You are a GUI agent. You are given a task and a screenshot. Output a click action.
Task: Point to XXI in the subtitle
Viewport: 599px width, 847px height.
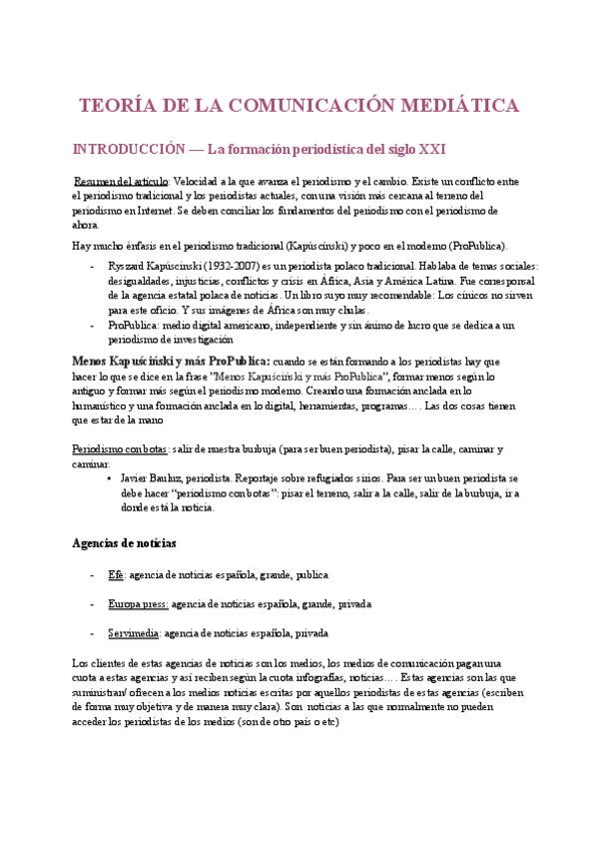point(431,150)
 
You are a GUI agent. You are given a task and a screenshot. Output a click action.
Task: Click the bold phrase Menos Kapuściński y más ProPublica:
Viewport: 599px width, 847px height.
point(172,361)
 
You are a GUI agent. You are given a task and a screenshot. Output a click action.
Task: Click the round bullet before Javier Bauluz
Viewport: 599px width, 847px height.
point(108,478)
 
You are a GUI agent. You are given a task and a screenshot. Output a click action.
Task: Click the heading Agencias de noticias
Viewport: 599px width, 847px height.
point(125,543)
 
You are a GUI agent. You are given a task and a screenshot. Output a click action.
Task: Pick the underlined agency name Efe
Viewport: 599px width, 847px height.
point(115,575)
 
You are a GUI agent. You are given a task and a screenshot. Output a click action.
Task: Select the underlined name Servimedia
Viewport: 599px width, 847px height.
point(134,633)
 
